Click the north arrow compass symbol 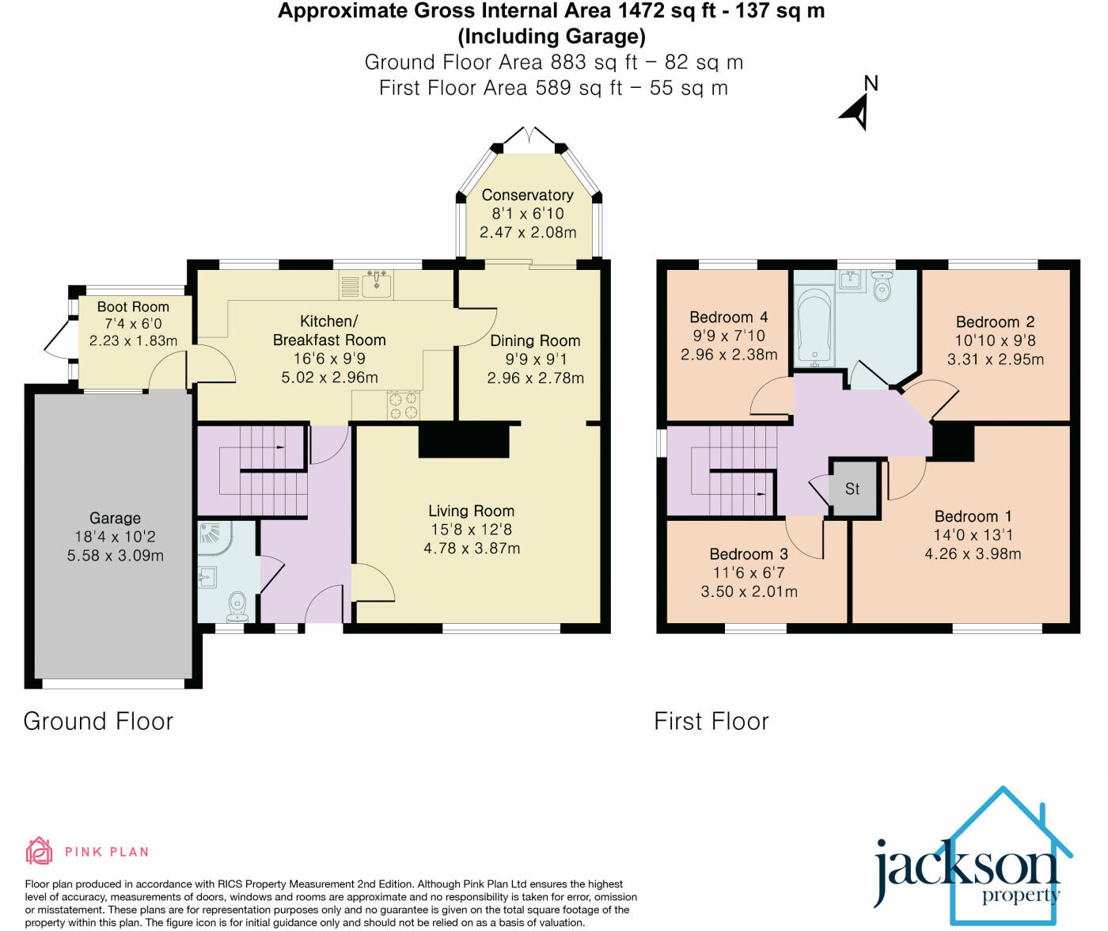858,108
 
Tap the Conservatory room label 527,195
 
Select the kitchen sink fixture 378,284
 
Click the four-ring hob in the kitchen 402,405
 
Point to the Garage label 115,518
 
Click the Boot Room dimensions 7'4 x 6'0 133,324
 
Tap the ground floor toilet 237,608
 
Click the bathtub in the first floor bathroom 814,327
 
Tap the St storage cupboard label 852,489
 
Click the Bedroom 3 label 749,554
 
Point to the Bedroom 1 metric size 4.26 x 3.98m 973,553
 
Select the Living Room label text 471,511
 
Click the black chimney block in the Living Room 463,440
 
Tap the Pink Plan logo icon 39,851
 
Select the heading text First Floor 711,721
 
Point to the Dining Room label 535,341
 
